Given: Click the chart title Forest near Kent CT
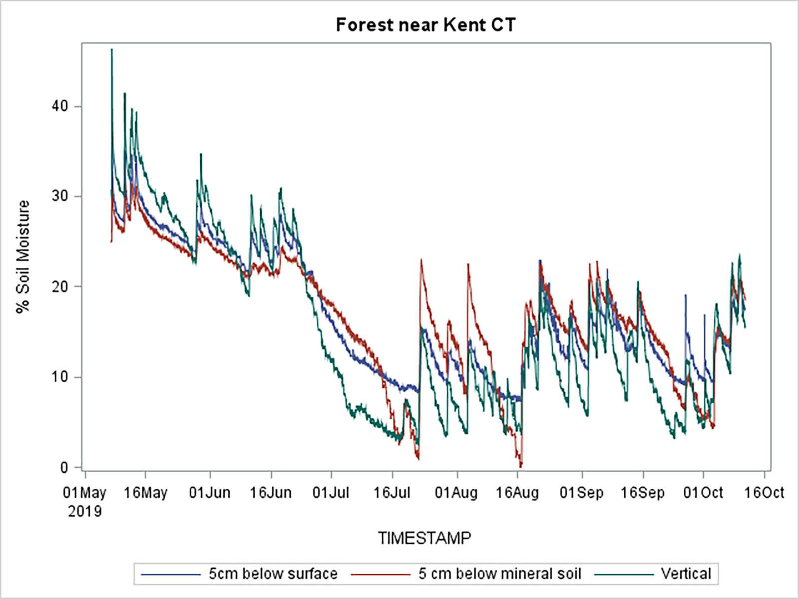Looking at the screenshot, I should point(425,25).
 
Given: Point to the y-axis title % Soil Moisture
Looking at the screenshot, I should point(23,257).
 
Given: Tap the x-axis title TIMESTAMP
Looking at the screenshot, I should point(424,538).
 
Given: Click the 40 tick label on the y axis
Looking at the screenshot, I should point(60,106).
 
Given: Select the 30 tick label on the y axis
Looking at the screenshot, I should point(60,196).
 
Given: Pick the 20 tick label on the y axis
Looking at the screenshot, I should point(60,287).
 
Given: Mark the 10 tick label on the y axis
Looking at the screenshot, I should point(60,377).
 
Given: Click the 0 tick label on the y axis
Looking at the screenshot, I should point(64,467).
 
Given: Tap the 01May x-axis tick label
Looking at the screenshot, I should point(85,493).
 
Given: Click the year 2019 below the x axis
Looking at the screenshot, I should point(85,511).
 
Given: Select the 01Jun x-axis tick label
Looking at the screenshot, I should point(210,493).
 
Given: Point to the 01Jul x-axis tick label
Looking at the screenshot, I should point(331,493).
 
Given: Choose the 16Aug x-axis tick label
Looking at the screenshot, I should point(517,493).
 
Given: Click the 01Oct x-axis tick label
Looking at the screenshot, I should point(703,493).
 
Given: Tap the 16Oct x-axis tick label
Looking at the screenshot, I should point(764,493).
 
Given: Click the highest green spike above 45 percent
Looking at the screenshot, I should point(112,50).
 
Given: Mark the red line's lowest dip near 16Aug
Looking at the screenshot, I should point(521,465).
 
